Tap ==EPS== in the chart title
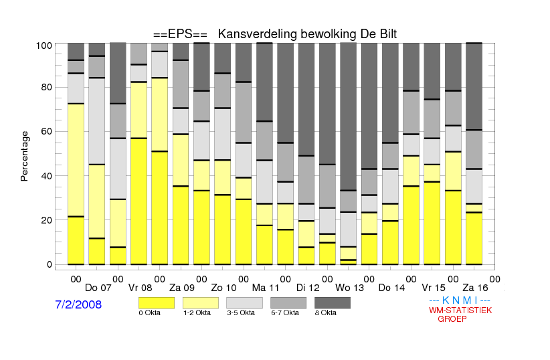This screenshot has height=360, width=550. click(x=180, y=34)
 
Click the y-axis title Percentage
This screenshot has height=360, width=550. click(x=24, y=156)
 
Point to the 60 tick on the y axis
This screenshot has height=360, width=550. click(x=47, y=131)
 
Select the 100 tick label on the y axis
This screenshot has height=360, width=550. click(x=44, y=46)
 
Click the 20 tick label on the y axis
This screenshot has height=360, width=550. click(x=47, y=220)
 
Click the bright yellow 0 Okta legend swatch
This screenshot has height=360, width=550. click(x=157, y=303)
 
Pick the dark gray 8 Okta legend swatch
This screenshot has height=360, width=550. click(x=333, y=303)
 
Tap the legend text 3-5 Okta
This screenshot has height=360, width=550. click(x=241, y=312)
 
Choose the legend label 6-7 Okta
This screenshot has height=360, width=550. click(x=285, y=312)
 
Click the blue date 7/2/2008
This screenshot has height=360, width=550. click(x=78, y=304)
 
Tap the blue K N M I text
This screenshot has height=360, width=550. click(x=460, y=300)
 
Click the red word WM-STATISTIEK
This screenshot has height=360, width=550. click(x=460, y=310)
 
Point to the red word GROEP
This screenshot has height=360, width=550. click(x=452, y=319)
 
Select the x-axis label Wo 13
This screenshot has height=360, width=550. click(x=349, y=288)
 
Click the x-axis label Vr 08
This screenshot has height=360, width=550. click(x=140, y=288)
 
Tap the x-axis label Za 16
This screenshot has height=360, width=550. click(x=475, y=288)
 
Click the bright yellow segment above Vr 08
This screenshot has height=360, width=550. click(x=139, y=201)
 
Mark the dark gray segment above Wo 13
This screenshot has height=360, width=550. click(x=349, y=116)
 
